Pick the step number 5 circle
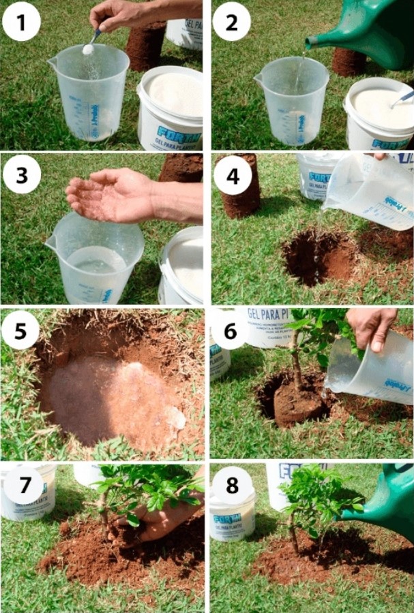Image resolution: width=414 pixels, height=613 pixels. (x=20, y=331)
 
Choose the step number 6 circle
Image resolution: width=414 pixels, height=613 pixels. (x=229, y=331)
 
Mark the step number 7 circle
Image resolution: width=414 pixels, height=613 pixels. (x=20, y=485)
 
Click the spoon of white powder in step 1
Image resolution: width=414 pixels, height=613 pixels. (x=88, y=46)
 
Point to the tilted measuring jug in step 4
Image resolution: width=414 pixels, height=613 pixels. (x=368, y=194)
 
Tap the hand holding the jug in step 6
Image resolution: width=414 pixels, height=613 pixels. (x=372, y=327)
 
